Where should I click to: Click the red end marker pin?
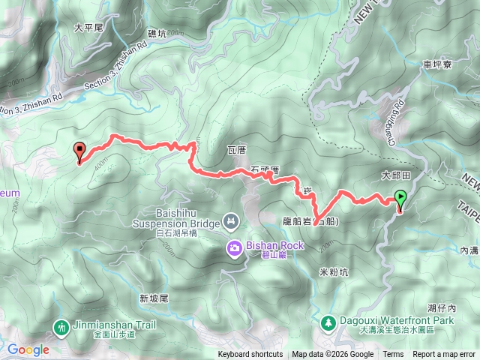[x=79, y=151]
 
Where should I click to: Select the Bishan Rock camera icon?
[x=235, y=247]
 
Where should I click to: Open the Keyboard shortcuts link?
[x=250, y=355]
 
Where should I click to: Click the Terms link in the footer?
[x=393, y=355]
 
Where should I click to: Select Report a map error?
[x=445, y=355]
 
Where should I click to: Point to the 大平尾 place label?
[x=88, y=27]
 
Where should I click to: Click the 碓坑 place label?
[x=159, y=34]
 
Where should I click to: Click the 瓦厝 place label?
[x=236, y=151]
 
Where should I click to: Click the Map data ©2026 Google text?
[x=332, y=355]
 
